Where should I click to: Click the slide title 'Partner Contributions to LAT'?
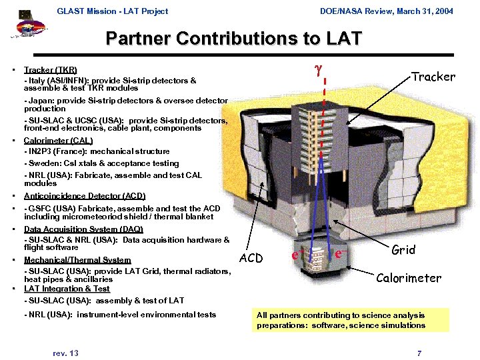coord(233,39)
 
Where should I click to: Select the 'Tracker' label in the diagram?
coord(433,77)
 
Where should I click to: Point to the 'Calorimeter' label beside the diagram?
coord(409,278)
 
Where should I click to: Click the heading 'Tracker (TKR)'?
coord(50,70)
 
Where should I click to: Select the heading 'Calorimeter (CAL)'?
coord(58,141)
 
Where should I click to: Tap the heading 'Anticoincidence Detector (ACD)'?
coord(84,196)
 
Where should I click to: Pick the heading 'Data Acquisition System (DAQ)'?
coord(83,229)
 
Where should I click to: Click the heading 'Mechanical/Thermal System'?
coord(77,260)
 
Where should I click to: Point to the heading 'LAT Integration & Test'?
coord(67,289)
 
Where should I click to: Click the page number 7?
coord(419,353)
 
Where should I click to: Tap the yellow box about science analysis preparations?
coord(351,320)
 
